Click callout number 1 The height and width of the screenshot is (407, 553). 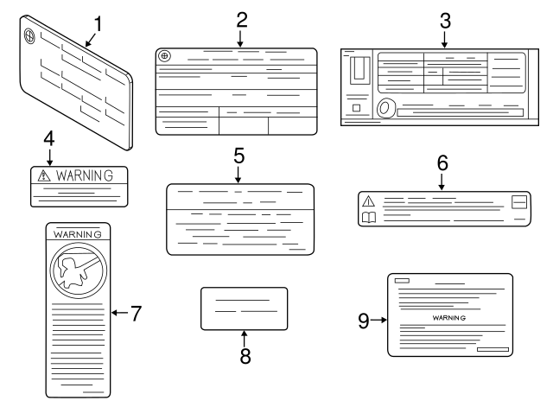pyautogui.click(x=98, y=24)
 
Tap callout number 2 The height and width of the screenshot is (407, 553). pyautogui.click(x=242, y=20)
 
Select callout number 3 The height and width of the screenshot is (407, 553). pyautogui.click(x=445, y=21)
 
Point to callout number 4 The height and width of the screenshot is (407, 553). pyautogui.click(x=49, y=138)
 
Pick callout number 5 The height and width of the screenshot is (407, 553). pyautogui.click(x=238, y=156)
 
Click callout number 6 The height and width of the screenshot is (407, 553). pyautogui.click(x=442, y=163)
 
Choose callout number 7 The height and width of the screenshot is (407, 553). pyautogui.click(x=137, y=313)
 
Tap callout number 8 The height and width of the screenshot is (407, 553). pyautogui.click(x=245, y=356)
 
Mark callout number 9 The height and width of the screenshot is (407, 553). pyautogui.click(x=364, y=321)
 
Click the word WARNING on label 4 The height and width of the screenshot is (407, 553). pyautogui.click(x=85, y=175)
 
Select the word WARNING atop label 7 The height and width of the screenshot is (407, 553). pyautogui.click(x=77, y=234)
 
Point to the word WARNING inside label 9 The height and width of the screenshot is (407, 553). pyautogui.click(x=449, y=318)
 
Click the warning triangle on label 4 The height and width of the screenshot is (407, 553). pyautogui.click(x=44, y=175)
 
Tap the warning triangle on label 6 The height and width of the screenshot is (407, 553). pyautogui.click(x=369, y=201)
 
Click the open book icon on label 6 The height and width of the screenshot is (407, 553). pyautogui.click(x=369, y=217)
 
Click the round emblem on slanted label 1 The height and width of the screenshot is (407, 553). pyautogui.click(x=29, y=35)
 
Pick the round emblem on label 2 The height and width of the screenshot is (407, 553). pyautogui.click(x=164, y=55)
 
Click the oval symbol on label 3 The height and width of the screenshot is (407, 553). pyautogui.click(x=385, y=107)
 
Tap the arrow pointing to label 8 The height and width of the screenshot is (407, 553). pyautogui.click(x=244, y=339)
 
